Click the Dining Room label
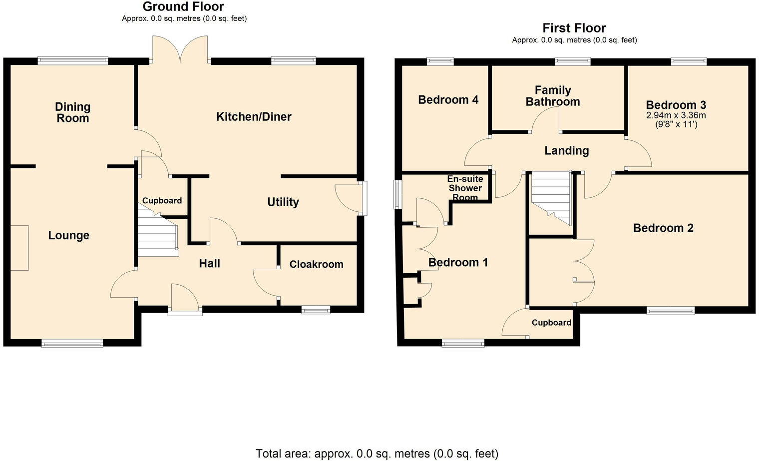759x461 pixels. [x=72, y=112]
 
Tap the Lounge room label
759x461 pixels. [x=69, y=235]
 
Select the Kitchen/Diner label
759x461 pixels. [x=254, y=117]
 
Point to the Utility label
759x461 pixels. [x=283, y=202]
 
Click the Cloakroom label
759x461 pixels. [x=316, y=264]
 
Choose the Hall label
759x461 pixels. [x=209, y=263]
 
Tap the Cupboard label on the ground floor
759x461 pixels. [x=162, y=200]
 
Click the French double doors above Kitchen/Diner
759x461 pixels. [x=180, y=49]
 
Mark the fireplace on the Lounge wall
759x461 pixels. [x=19, y=248]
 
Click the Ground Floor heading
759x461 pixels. [x=183, y=6]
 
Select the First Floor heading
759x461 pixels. [x=574, y=28]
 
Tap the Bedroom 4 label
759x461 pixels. [x=448, y=100]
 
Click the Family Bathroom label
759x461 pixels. [x=553, y=96]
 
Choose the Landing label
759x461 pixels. [x=566, y=150]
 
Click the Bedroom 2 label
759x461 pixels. [x=663, y=228]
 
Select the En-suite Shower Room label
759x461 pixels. [x=465, y=188]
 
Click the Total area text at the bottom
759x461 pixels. [x=377, y=454]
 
